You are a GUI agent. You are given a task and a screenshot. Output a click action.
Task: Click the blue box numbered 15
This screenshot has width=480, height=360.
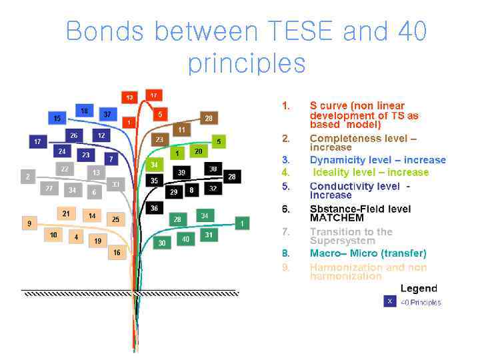57,119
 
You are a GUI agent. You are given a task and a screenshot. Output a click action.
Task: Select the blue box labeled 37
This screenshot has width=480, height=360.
107,114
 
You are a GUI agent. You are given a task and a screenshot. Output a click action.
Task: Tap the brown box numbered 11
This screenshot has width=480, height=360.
181,129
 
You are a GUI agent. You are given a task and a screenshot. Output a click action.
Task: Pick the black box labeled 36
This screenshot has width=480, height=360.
154,209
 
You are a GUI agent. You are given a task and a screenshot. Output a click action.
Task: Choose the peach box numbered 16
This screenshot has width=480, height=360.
117,253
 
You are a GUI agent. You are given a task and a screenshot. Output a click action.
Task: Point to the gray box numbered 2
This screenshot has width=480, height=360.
27,177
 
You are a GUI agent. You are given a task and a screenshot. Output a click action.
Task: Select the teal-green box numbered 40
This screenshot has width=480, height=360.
186,239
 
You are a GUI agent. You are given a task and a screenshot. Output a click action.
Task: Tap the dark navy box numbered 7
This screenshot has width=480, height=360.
111,159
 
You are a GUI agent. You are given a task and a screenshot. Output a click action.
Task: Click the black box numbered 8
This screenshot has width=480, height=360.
191,191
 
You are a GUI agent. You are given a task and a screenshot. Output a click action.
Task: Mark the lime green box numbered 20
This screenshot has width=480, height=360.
198,152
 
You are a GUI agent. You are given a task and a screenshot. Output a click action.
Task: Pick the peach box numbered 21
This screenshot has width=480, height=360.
65,214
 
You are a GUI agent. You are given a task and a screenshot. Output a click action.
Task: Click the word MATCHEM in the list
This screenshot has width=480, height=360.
337,218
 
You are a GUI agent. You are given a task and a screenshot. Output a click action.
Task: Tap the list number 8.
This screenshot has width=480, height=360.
285,253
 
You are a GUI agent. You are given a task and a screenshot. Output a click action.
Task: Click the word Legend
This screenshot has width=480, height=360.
419,288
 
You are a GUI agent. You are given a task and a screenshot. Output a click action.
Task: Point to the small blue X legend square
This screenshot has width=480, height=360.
389,301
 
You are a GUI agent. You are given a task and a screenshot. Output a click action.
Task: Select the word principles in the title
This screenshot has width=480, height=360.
247,63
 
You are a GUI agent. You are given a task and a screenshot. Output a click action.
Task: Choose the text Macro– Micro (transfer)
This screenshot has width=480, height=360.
368,253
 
